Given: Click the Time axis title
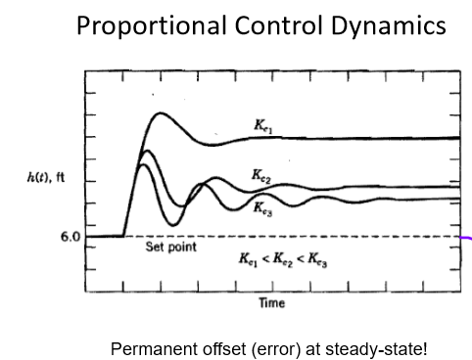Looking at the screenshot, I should pyautogui.click(x=271, y=303).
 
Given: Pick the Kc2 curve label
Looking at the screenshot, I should pyautogui.click(x=261, y=176).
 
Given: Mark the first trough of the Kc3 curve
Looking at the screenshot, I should pyautogui.click(x=172, y=225).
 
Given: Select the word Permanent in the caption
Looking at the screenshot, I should pyautogui.click(x=151, y=347).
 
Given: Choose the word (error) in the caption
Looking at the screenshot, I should pyautogui.click(x=258, y=347).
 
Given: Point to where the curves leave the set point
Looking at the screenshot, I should pyautogui.click(x=124, y=235).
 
